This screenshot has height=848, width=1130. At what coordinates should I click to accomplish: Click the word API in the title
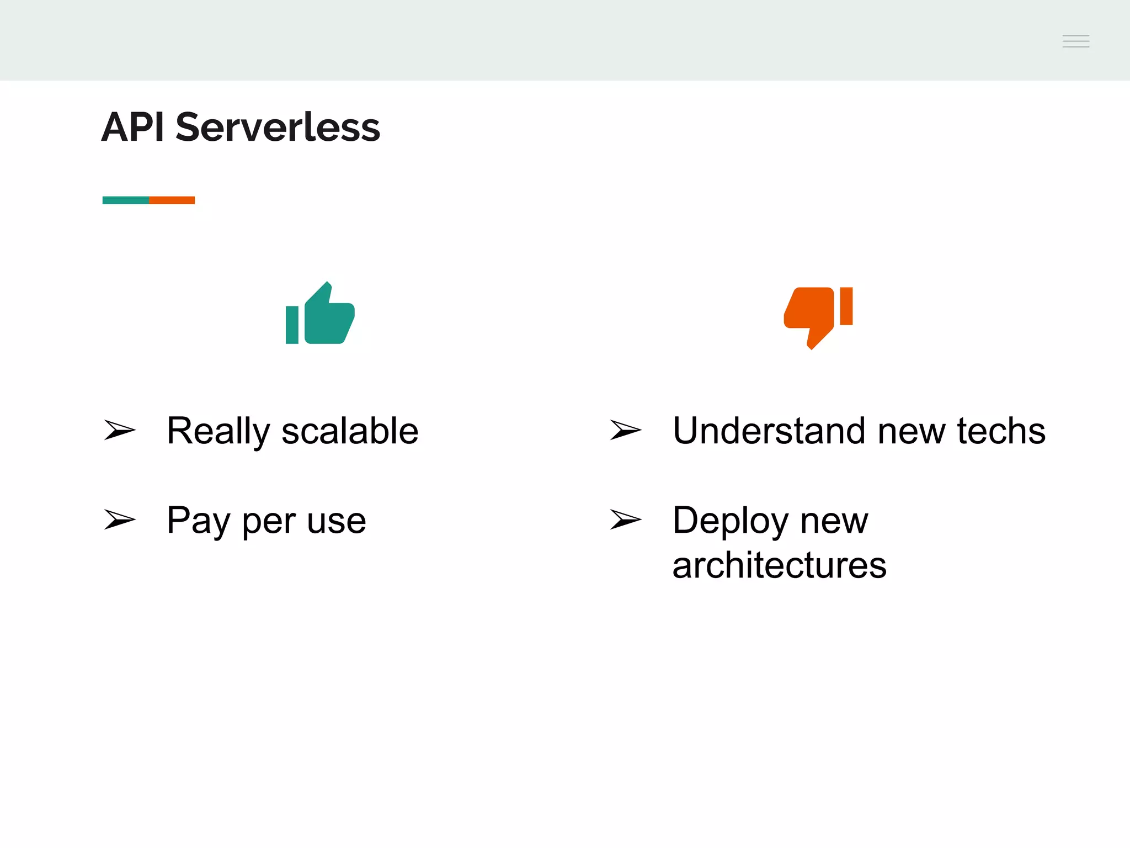coord(133,127)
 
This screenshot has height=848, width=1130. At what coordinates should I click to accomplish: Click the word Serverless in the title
coord(278,127)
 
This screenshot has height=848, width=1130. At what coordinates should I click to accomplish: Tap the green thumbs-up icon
coord(320,314)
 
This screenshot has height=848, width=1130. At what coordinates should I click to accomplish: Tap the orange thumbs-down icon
coord(818,316)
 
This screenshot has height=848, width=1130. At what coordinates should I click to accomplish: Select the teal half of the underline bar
coord(126,200)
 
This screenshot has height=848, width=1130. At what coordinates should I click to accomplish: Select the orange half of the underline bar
coord(172,200)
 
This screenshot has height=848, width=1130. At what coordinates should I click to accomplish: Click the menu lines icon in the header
coord(1075,41)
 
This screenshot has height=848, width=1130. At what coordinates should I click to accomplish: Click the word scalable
coord(350,431)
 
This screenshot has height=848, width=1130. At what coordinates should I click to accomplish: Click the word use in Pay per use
coord(336,521)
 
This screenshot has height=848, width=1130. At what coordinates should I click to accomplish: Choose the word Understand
coord(769,431)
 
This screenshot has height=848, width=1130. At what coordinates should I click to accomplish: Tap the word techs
coord(1001,431)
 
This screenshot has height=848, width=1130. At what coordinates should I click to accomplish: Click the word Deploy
coord(731,521)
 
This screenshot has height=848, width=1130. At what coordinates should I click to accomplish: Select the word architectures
coord(779,565)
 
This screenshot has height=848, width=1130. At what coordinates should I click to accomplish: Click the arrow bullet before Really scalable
coord(119,430)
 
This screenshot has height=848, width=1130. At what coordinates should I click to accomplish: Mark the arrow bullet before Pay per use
coord(119,520)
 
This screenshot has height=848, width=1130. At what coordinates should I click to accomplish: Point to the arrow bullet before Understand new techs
coord(625,430)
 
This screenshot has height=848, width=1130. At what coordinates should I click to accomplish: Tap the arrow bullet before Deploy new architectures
coord(625,520)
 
